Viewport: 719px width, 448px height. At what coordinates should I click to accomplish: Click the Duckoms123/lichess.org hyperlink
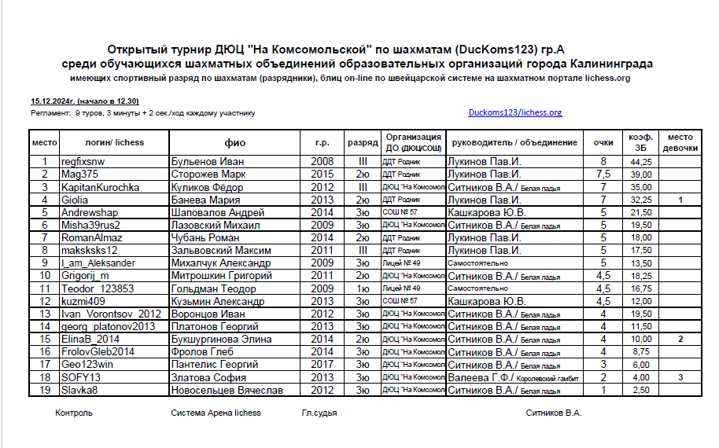514,112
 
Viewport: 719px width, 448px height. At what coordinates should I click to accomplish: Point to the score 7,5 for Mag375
603,174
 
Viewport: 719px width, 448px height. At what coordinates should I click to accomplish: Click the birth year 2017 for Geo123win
322,365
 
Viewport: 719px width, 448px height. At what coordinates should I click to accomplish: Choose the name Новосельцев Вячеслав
227,390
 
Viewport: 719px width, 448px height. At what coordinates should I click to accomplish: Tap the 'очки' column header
603,143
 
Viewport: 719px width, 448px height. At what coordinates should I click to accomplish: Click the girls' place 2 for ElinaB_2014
681,339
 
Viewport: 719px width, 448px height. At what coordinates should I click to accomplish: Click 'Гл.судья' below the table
319,413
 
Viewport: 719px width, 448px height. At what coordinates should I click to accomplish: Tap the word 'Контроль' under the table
74,413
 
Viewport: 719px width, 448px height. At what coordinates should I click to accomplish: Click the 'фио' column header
234,143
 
